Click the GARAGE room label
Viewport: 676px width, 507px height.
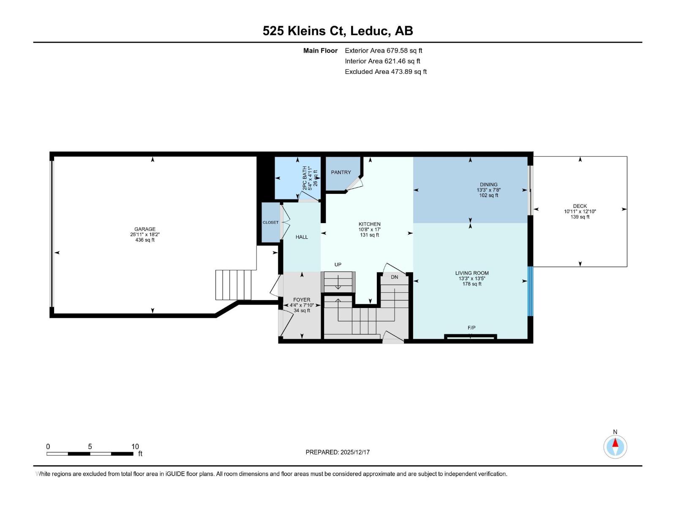pyautogui.click(x=145, y=229)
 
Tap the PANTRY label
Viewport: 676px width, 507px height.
pyautogui.click(x=341, y=172)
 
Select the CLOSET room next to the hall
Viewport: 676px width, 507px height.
pyautogui.click(x=270, y=223)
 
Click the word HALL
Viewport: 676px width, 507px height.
pyautogui.click(x=302, y=237)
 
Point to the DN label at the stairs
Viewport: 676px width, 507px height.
pyautogui.click(x=394, y=277)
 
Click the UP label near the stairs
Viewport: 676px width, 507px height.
pyautogui.click(x=338, y=264)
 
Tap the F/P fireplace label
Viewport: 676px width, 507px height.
pyautogui.click(x=472, y=328)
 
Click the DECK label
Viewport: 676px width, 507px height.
pyautogui.click(x=580, y=206)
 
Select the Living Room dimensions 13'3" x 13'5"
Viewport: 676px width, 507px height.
pyautogui.click(x=472, y=278)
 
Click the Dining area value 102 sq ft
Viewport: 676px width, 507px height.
pyautogui.click(x=488, y=196)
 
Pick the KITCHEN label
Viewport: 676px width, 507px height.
pyautogui.click(x=370, y=224)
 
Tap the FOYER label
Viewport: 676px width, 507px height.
pyautogui.click(x=302, y=300)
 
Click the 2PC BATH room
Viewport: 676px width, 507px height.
pyautogui.click(x=297, y=178)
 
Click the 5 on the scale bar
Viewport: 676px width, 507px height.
pyautogui.click(x=90, y=447)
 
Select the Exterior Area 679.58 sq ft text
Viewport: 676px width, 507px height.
pyautogui.click(x=383, y=50)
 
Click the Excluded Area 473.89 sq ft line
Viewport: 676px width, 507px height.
pyautogui.click(x=385, y=71)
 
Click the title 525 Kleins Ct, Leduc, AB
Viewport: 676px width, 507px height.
pyautogui.click(x=338, y=31)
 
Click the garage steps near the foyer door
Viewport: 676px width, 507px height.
pyautogui.click(x=234, y=284)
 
